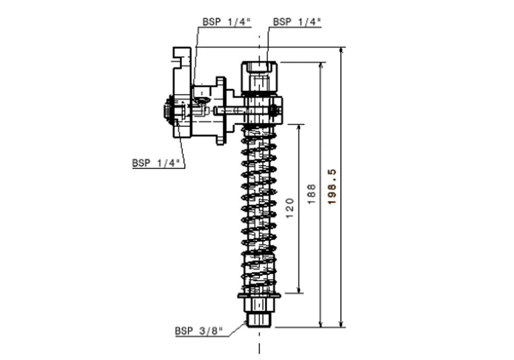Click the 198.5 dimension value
pyautogui.click(x=332, y=188)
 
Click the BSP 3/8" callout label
pyautogui.click(x=200, y=331)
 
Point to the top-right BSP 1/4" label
pyautogui.click(x=297, y=22)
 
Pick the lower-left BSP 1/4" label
pyautogui.click(x=156, y=163)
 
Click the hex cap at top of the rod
pyautogui.click(x=260, y=68)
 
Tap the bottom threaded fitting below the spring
pyautogui.click(x=259, y=317)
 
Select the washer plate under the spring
pyautogui.click(x=259, y=296)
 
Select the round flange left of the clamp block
pyautogui.click(x=221, y=111)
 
